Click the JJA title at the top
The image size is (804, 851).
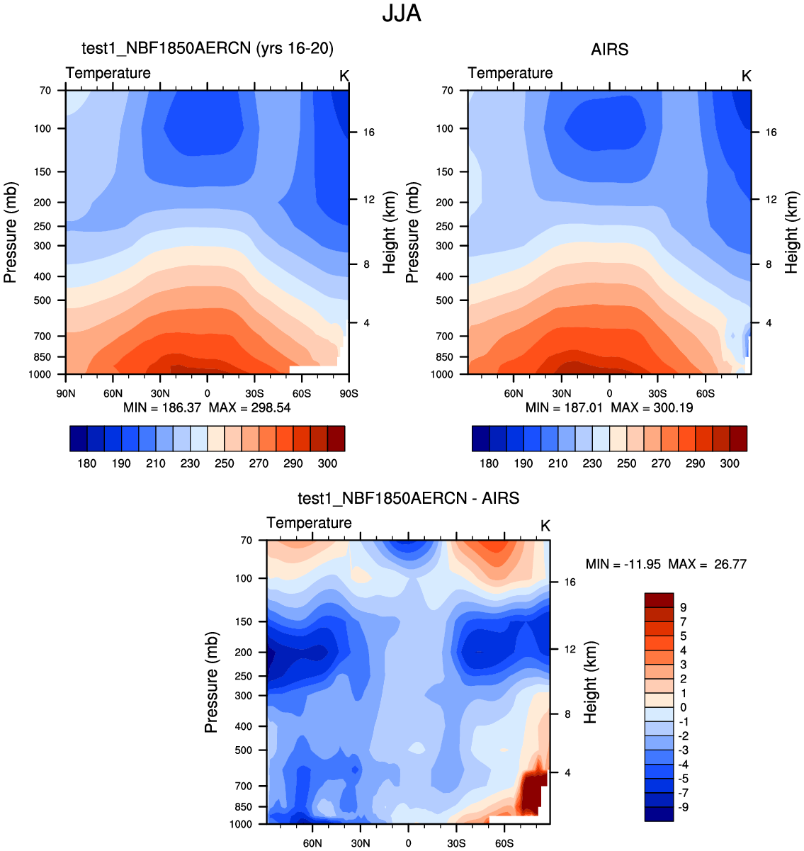click(402, 13)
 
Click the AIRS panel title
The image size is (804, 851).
click(609, 50)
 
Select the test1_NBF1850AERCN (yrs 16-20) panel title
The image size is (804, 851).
click(208, 48)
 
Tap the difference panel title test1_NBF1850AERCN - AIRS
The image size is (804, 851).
click(408, 498)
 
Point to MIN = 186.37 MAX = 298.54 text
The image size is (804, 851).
click(207, 408)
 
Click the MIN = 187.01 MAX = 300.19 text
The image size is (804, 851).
click(609, 408)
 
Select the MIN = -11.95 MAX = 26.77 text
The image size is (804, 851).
click(666, 565)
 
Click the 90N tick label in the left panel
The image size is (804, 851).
click(65, 393)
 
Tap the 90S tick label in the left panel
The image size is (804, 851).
click(348, 393)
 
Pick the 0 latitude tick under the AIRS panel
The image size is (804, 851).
click(609, 393)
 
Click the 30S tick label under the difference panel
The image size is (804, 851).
click(456, 843)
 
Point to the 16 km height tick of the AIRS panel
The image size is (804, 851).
click(771, 133)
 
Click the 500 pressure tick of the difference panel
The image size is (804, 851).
click(244, 750)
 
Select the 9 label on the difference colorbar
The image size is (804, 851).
click(683, 608)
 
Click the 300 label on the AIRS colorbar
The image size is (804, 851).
click(730, 463)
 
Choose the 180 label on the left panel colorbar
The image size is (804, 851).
click(87, 463)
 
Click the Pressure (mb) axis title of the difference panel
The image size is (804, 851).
click(211, 682)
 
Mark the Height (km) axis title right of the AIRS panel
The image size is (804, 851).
click(792, 229)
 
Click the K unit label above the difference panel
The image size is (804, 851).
click(545, 526)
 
